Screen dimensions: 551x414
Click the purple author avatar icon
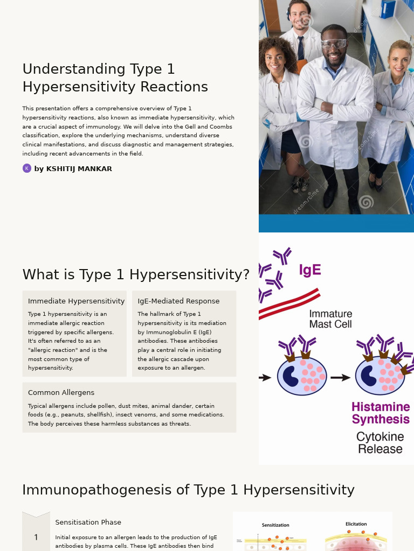tap(27, 168)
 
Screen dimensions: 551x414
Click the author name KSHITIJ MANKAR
tap(73, 169)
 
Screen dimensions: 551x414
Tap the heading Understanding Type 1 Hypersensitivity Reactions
tap(115, 78)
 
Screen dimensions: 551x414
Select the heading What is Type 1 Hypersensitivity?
tap(136, 275)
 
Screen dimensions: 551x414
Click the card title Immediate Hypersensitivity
tap(76, 301)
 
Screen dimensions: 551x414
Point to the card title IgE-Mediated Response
tap(178, 301)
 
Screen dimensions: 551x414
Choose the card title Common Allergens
tap(61, 393)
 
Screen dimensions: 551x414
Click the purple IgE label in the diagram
tap(310, 270)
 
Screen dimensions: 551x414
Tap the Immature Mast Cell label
tap(330, 319)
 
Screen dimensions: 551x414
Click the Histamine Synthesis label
tap(381, 413)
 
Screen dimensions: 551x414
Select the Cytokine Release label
tap(380, 443)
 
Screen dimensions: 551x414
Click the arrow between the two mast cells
tap(340, 378)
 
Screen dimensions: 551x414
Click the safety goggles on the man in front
tap(334, 44)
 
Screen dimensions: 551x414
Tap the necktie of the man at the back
tap(300, 48)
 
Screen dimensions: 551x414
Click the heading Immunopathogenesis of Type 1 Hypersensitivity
tap(188, 490)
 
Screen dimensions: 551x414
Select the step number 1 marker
tap(36, 538)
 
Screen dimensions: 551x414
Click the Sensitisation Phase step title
tap(88, 522)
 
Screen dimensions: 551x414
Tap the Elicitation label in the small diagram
tap(356, 524)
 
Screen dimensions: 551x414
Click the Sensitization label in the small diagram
tap(275, 525)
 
